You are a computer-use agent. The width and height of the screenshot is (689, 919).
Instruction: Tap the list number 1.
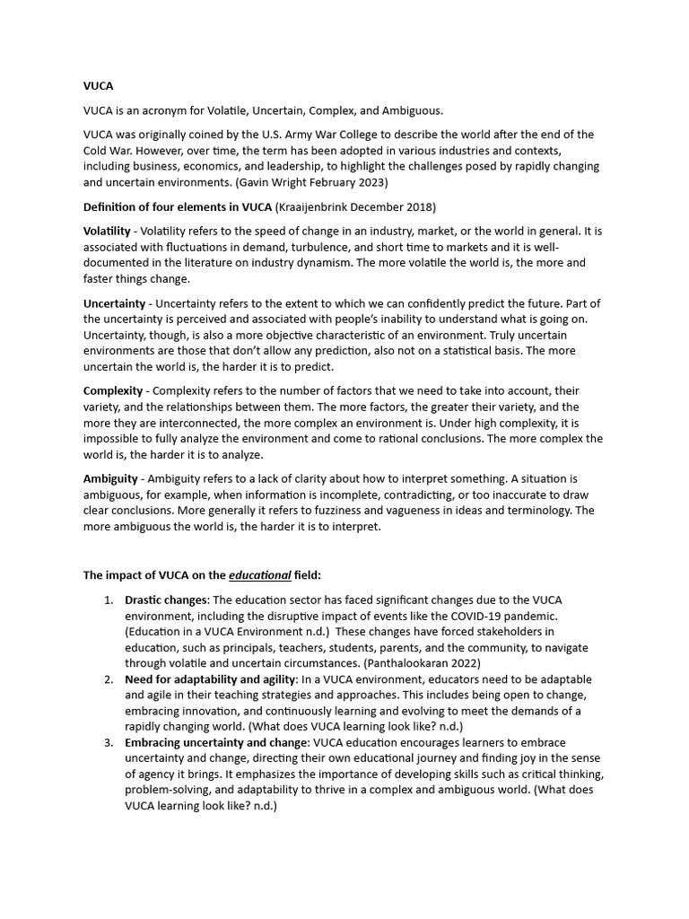[108, 599]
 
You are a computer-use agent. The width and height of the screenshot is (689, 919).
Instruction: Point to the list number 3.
[108, 742]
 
